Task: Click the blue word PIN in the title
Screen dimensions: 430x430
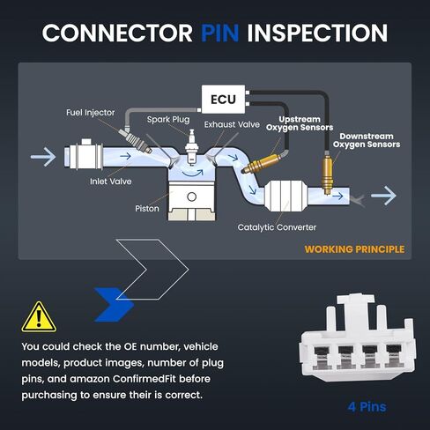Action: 220,33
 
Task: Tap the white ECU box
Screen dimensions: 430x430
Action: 224,100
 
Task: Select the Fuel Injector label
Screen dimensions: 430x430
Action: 91,113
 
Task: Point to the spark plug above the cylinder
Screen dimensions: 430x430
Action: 192,147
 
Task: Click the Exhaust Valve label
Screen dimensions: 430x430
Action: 232,124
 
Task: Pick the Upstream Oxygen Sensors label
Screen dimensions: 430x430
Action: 300,123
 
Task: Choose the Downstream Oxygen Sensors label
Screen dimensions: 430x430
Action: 367,140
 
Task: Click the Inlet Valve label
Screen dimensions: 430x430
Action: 111,182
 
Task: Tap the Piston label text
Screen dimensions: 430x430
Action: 147,209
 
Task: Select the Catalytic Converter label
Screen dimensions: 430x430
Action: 277,227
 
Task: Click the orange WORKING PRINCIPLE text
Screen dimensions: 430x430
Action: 354,249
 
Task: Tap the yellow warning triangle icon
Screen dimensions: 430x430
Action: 39,317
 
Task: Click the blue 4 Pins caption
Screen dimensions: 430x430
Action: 367,407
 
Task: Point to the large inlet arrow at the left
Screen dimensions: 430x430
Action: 43,157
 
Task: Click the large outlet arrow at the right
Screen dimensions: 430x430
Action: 383,196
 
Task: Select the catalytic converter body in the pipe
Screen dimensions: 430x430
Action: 285,196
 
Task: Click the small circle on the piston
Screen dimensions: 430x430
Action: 191,196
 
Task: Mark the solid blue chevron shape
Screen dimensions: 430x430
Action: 114,305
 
